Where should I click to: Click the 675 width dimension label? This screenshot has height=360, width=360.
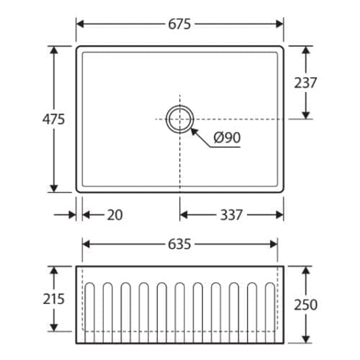[x=179, y=24]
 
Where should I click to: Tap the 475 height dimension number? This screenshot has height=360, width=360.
[x=53, y=120]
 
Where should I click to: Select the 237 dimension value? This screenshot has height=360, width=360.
[x=305, y=83]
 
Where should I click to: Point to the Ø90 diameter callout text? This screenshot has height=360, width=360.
[x=227, y=138]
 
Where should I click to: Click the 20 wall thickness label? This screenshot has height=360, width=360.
[x=114, y=215]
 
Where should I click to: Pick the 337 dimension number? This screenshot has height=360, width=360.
[x=231, y=215]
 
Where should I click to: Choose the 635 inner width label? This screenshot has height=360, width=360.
[x=179, y=244]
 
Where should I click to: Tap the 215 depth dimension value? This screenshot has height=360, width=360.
[x=54, y=299]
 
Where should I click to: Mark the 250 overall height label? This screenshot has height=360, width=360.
[x=306, y=305]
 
